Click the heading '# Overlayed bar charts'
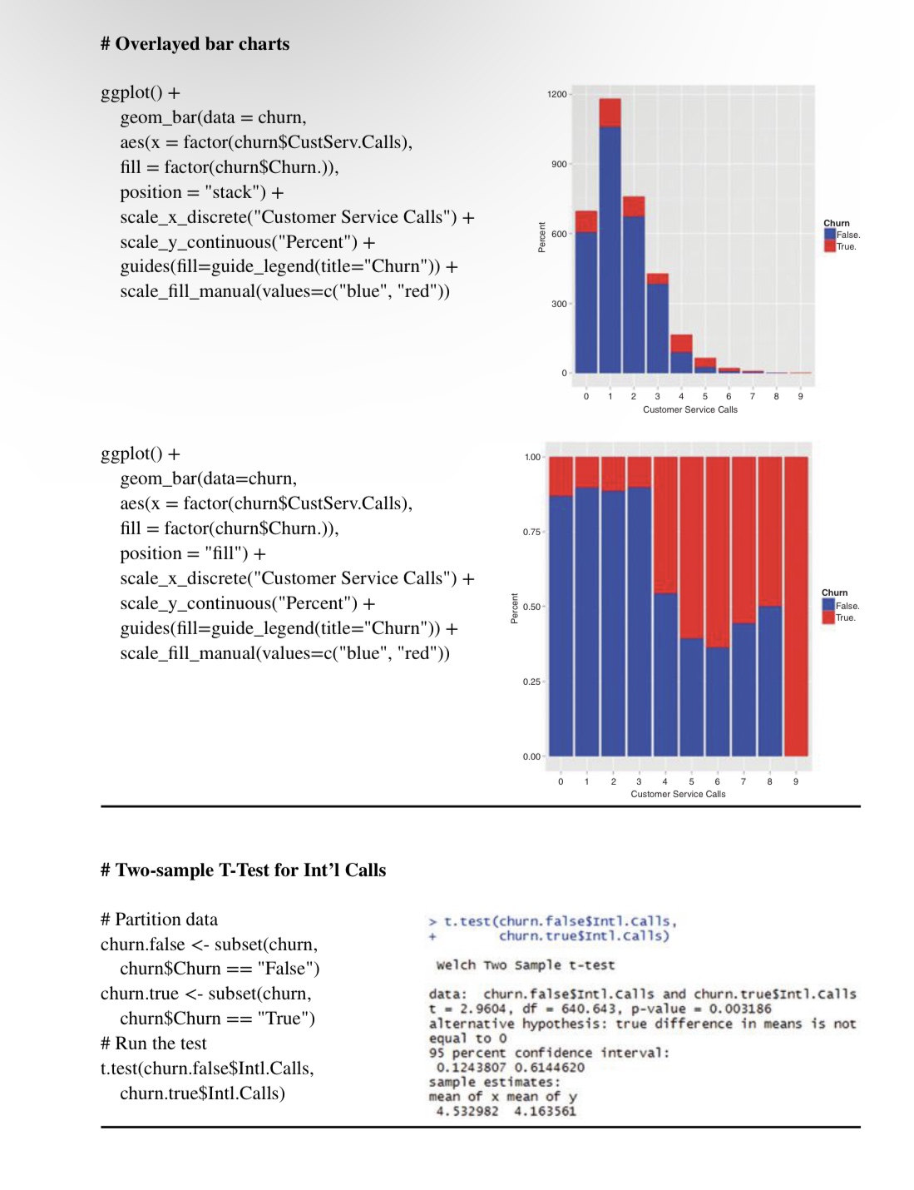coord(195,44)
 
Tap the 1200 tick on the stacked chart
coord(556,94)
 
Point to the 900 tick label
coord(559,164)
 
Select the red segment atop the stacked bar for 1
coord(610,112)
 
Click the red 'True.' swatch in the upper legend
coord(829,246)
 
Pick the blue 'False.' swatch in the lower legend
coord(828,605)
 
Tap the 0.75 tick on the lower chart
coord(531,532)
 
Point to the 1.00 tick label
coord(532,457)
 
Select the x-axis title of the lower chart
coord(678,794)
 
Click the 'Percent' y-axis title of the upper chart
coord(542,237)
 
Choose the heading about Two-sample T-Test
coord(243,870)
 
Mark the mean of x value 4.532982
coord(467,1111)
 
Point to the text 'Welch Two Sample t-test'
coord(525,965)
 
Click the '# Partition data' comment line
coord(159,919)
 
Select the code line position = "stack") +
coord(202,192)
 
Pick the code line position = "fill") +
coord(193,553)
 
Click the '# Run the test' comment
coord(153,1044)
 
